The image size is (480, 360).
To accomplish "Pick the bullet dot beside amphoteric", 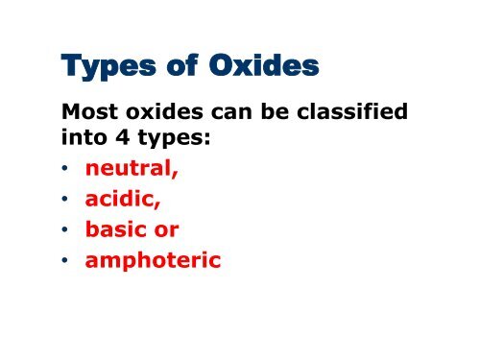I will [x=66, y=256].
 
